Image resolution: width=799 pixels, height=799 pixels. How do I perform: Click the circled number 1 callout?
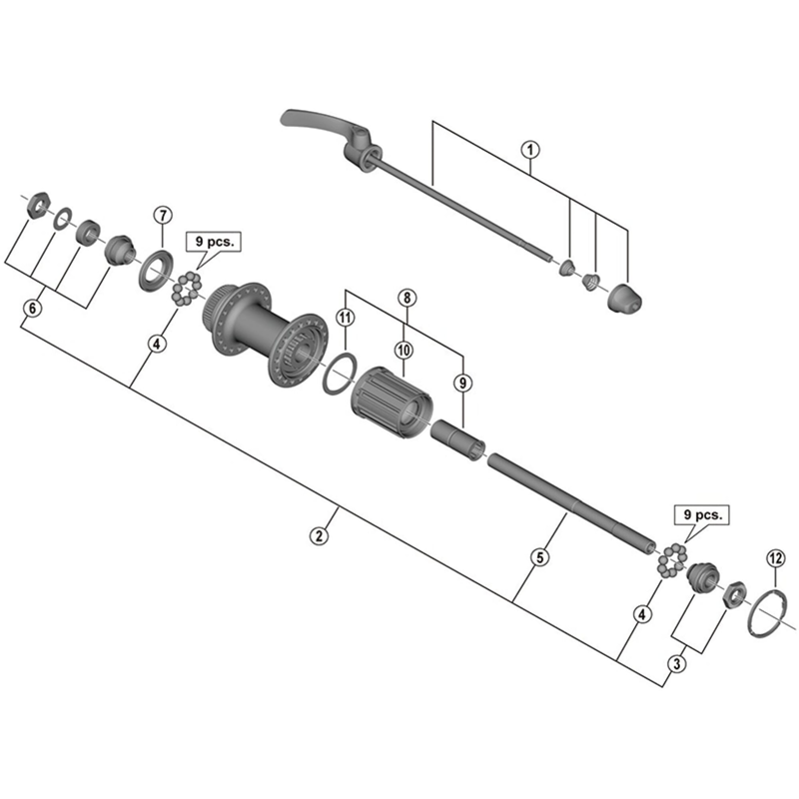coord(530,151)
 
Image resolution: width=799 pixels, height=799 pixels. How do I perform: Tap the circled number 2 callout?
coord(319,535)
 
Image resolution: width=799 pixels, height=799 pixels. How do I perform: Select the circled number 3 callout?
coord(678,662)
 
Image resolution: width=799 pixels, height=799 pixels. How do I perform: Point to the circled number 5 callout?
coord(538,557)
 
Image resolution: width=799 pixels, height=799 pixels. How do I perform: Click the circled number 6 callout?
coord(32,309)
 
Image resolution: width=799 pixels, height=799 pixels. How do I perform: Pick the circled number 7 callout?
coord(163,216)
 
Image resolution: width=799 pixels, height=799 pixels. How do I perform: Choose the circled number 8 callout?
coord(405,298)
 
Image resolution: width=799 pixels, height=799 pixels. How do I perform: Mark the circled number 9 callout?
coord(460,381)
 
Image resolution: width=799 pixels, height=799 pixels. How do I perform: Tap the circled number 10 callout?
coord(403,350)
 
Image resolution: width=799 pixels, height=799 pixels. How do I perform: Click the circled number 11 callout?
coord(345,318)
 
